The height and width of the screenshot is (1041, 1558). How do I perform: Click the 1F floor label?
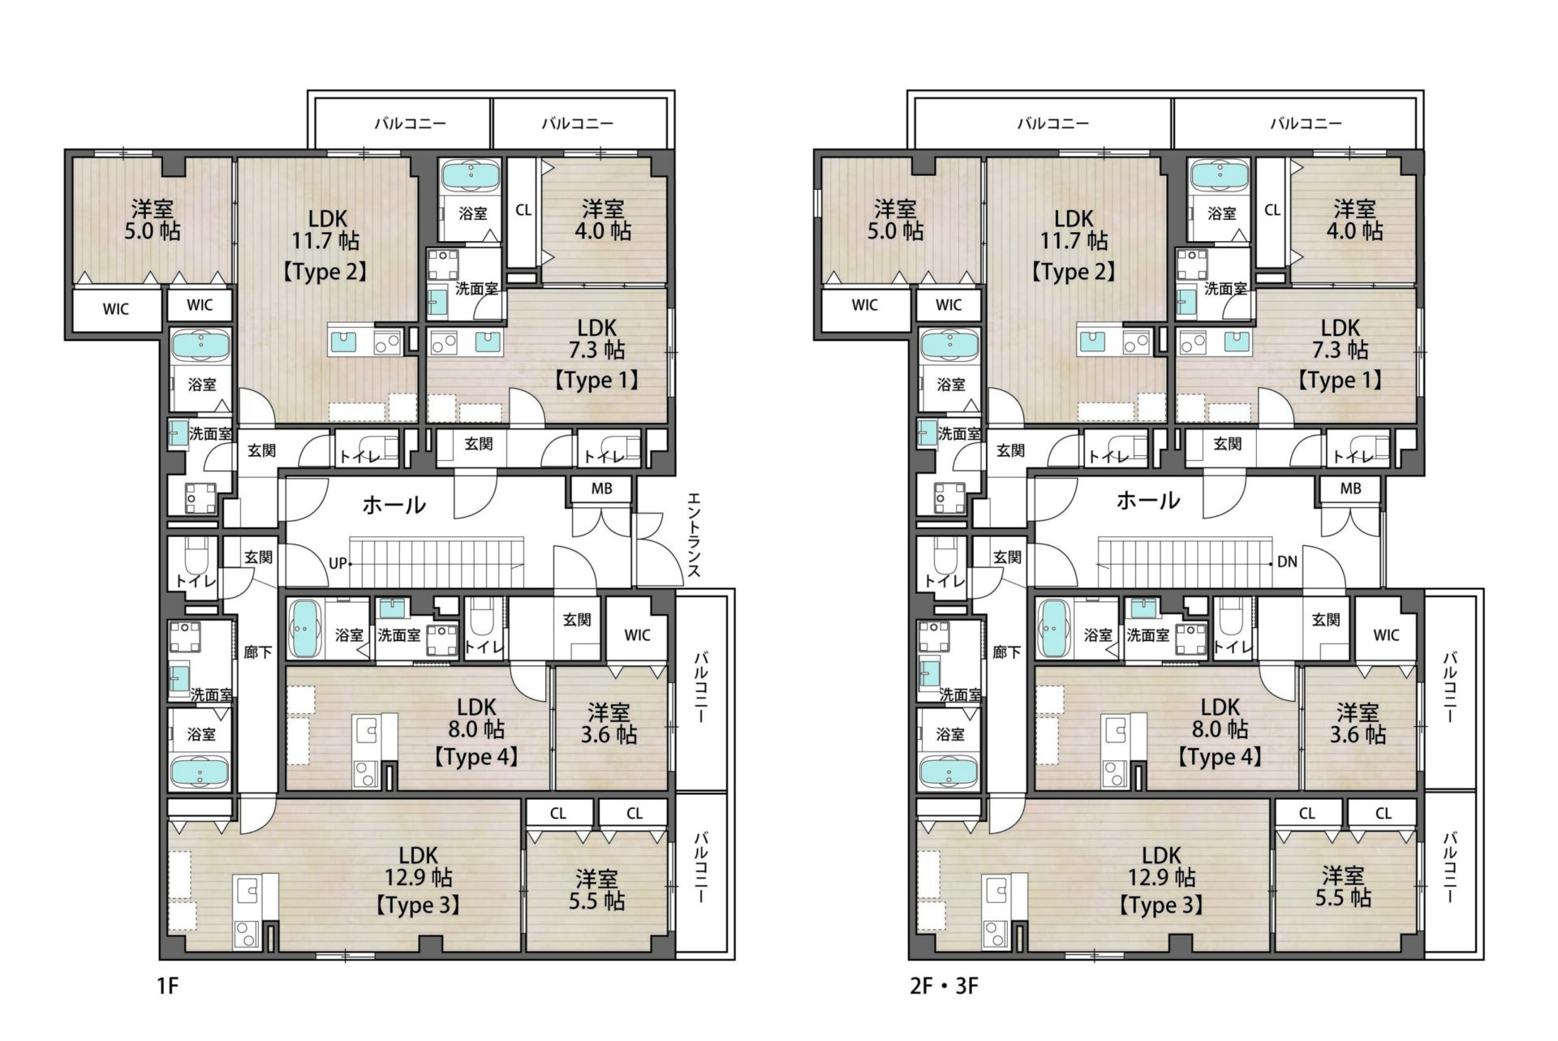click(167, 986)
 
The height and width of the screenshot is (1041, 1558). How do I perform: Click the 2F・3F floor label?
click(945, 986)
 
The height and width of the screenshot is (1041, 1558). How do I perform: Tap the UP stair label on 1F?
click(338, 563)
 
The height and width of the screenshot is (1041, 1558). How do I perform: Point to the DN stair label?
click(1287, 561)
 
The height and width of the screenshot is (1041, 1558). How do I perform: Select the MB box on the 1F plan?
click(601, 488)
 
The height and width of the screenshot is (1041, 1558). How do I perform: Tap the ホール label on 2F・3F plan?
click(1148, 500)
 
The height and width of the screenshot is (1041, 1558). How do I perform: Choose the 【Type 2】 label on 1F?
click(325, 271)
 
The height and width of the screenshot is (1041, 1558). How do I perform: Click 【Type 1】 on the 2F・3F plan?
click(1340, 380)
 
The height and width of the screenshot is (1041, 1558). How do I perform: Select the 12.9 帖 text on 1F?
click(419, 877)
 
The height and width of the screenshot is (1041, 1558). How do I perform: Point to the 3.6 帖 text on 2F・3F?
click(1358, 734)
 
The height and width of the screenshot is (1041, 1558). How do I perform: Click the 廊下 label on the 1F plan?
click(258, 652)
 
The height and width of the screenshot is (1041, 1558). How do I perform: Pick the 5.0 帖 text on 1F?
click(153, 231)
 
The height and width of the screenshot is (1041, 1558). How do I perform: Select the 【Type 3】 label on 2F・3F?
click(1161, 905)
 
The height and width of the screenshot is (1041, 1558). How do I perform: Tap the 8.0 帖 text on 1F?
click(476, 729)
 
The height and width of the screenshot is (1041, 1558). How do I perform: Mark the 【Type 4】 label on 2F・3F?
click(1220, 757)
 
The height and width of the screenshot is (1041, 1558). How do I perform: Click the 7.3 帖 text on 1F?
click(597, 351)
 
